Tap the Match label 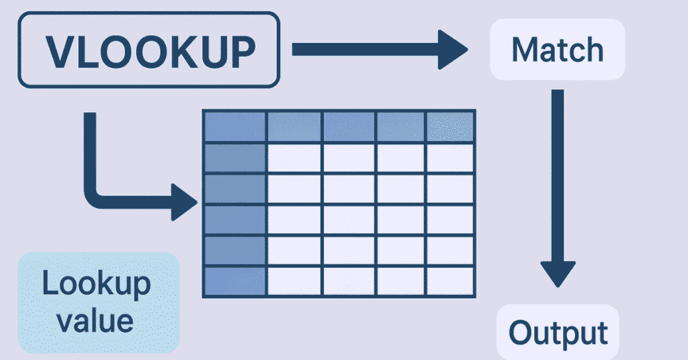557,50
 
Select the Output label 558,332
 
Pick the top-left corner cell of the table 234,126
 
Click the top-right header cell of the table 449,126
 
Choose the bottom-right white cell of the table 449,281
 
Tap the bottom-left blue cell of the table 234,281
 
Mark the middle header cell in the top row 349,126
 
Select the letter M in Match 525,50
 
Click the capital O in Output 521,332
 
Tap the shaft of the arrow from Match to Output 557,168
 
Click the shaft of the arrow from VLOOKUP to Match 363,50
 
